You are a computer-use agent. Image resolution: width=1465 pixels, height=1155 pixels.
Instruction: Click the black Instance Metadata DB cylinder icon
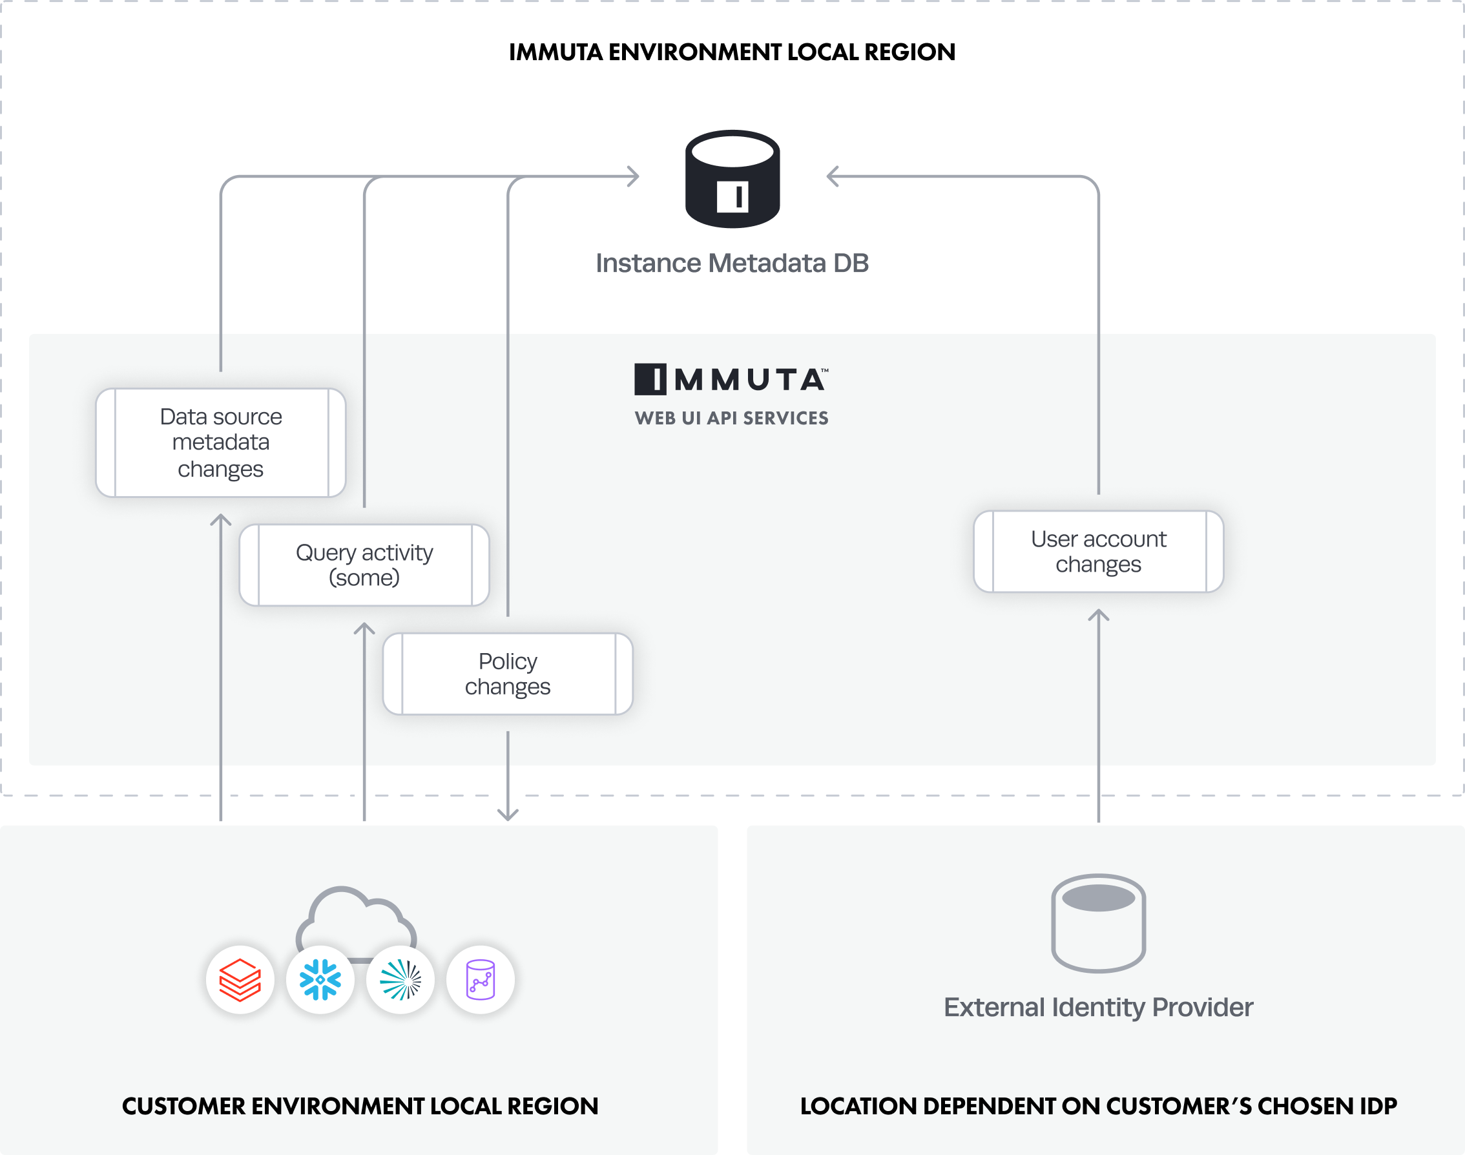coord(732,179)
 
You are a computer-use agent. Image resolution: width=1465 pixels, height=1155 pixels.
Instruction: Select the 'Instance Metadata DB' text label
coord(731,263)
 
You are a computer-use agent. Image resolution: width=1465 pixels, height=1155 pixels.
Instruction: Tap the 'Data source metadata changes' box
coord(220,443)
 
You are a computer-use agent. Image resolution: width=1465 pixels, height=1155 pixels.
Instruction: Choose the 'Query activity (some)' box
coord(364,565)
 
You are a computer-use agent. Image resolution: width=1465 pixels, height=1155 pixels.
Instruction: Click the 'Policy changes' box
coord(507,674)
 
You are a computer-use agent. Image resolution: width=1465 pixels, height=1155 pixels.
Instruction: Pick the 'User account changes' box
coord(1098,552)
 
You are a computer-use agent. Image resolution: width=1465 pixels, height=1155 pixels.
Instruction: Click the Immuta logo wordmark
coord(731,379)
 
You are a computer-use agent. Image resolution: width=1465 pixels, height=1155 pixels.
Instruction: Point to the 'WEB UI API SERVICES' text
coord(731,419)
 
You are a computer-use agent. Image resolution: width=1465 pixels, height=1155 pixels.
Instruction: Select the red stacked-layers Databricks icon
coord(240,980)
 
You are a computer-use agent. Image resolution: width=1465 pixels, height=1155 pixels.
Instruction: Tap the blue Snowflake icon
coord(320,980)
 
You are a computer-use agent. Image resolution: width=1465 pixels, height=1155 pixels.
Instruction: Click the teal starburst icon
coord(400,980)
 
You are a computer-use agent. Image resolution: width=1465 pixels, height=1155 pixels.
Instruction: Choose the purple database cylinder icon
coord(480,980)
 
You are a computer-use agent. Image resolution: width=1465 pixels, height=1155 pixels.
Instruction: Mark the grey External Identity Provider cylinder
coord(1098,923)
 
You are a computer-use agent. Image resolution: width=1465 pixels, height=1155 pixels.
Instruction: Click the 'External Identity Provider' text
coord(1098,1008)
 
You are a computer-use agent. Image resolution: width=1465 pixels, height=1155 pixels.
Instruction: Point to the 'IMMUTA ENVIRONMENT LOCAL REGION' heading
coord(731,52)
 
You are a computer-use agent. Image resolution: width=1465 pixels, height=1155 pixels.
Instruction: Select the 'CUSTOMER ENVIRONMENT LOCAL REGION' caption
coord(360,1107)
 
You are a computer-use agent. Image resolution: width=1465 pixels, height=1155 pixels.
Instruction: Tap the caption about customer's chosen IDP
coord(1098,1107)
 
